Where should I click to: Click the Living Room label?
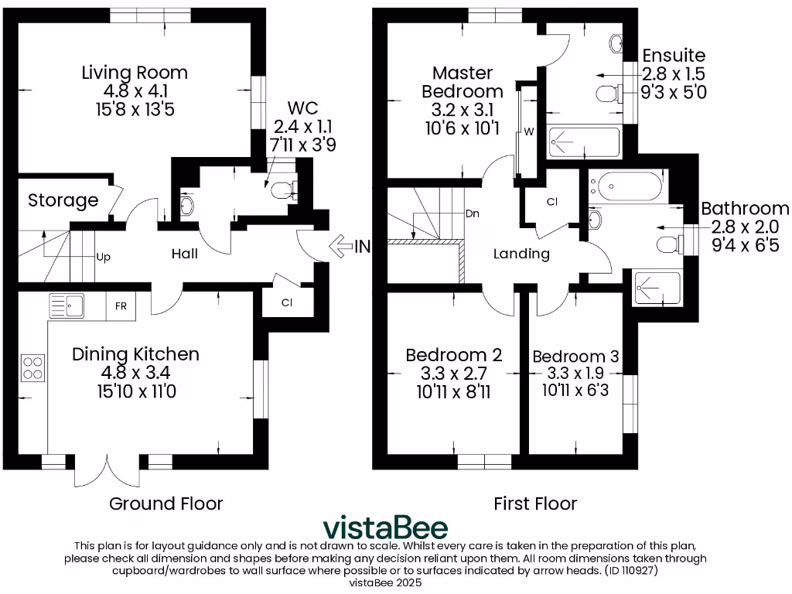click(135, 73)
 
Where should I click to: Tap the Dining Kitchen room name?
click(135, 354)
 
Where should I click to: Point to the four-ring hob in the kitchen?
click(33, 366)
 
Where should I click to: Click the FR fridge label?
click(121, 306)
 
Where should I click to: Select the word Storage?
click(63, 200)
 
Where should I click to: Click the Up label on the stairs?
click(102, 256)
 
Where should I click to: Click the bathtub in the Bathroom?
click(626, 186)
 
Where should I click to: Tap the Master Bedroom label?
click(463, 82)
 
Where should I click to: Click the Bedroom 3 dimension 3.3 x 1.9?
click(575, 373)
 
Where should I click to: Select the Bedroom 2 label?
click(454, 355)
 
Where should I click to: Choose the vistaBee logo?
click(384, 527)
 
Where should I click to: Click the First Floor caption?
click(535, 504)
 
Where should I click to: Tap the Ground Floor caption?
click(166, 504)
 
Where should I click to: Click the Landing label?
click(521, 254)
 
